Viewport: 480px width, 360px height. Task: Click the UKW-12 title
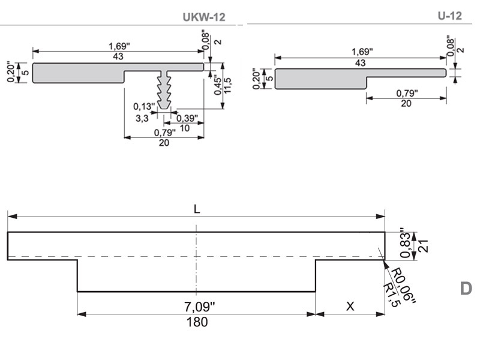pyautogui.click(x=204, y=17)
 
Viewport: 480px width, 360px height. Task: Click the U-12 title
pyautogui.click(x=449, y=16)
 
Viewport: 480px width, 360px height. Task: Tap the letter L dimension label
pyautogui.click(x=197, y=209)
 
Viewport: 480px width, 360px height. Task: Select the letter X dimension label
pyautogui.click(x=350, y=306)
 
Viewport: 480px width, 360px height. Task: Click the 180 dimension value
pyautogui.click(x=197, y=322)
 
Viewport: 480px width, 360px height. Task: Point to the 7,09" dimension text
pyautogui.click(x=200, y=306)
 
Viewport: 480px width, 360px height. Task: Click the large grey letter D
pyautogui.click(x=466, y=289)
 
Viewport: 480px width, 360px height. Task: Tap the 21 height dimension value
pyautogui.click(x=423, y=245)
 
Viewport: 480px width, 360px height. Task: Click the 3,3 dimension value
pyautogui.click(x=142, y=118)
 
